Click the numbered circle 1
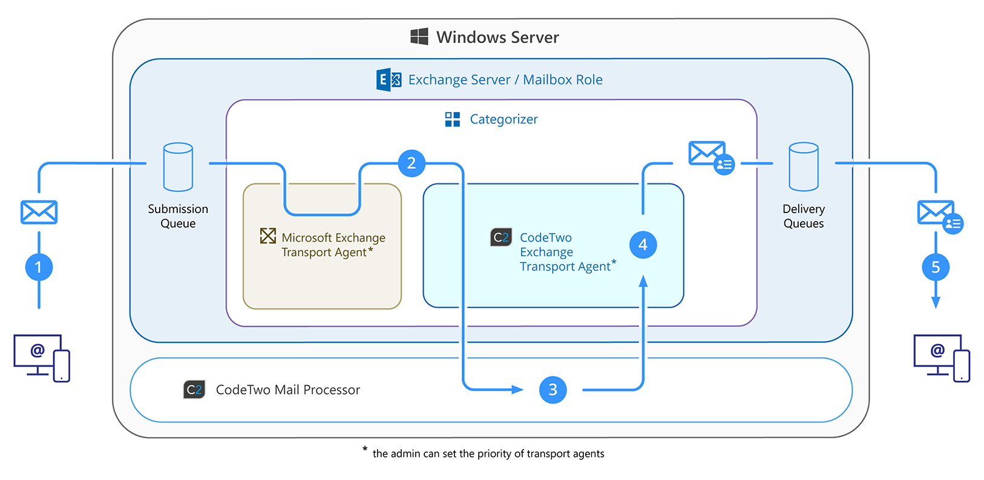[x=39, y=267]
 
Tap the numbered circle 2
[x=412, y=163]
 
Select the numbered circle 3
[x=553, y=390]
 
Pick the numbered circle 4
[x=643, y=245]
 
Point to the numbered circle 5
[x=935, y=267]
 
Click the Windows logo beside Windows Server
[x=419, y=36]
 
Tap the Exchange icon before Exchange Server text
[x=389, y=79]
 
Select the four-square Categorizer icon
[x=452, y=119]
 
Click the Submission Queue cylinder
[x=178, y=167]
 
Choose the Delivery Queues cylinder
[x=803, y=167]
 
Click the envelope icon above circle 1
[x=39, y=212]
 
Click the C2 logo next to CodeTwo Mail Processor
[x=194, y=390]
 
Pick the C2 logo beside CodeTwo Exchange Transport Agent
[x=501, y=237]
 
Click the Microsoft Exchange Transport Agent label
[x=332, y=245]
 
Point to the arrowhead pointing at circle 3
[x=517, y=390]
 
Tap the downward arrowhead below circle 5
[x=936, y=302]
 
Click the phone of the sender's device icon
[x=61, y=366]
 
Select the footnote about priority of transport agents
[x=488, y=453]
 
